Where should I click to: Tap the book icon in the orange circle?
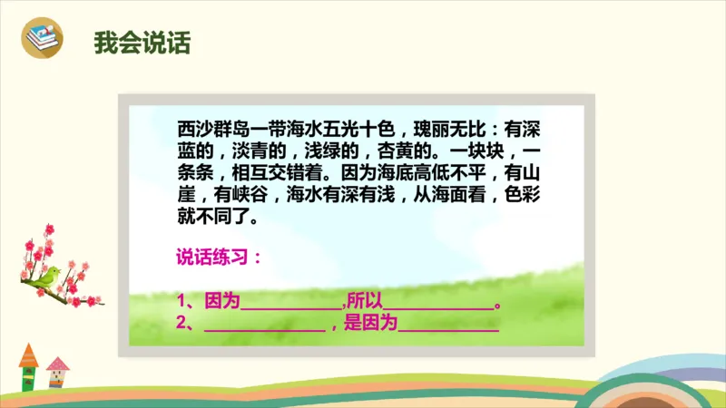point(42,39)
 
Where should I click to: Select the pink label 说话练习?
point(219,257)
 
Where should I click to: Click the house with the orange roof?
point(28,366)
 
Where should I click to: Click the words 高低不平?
point(446,172)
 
